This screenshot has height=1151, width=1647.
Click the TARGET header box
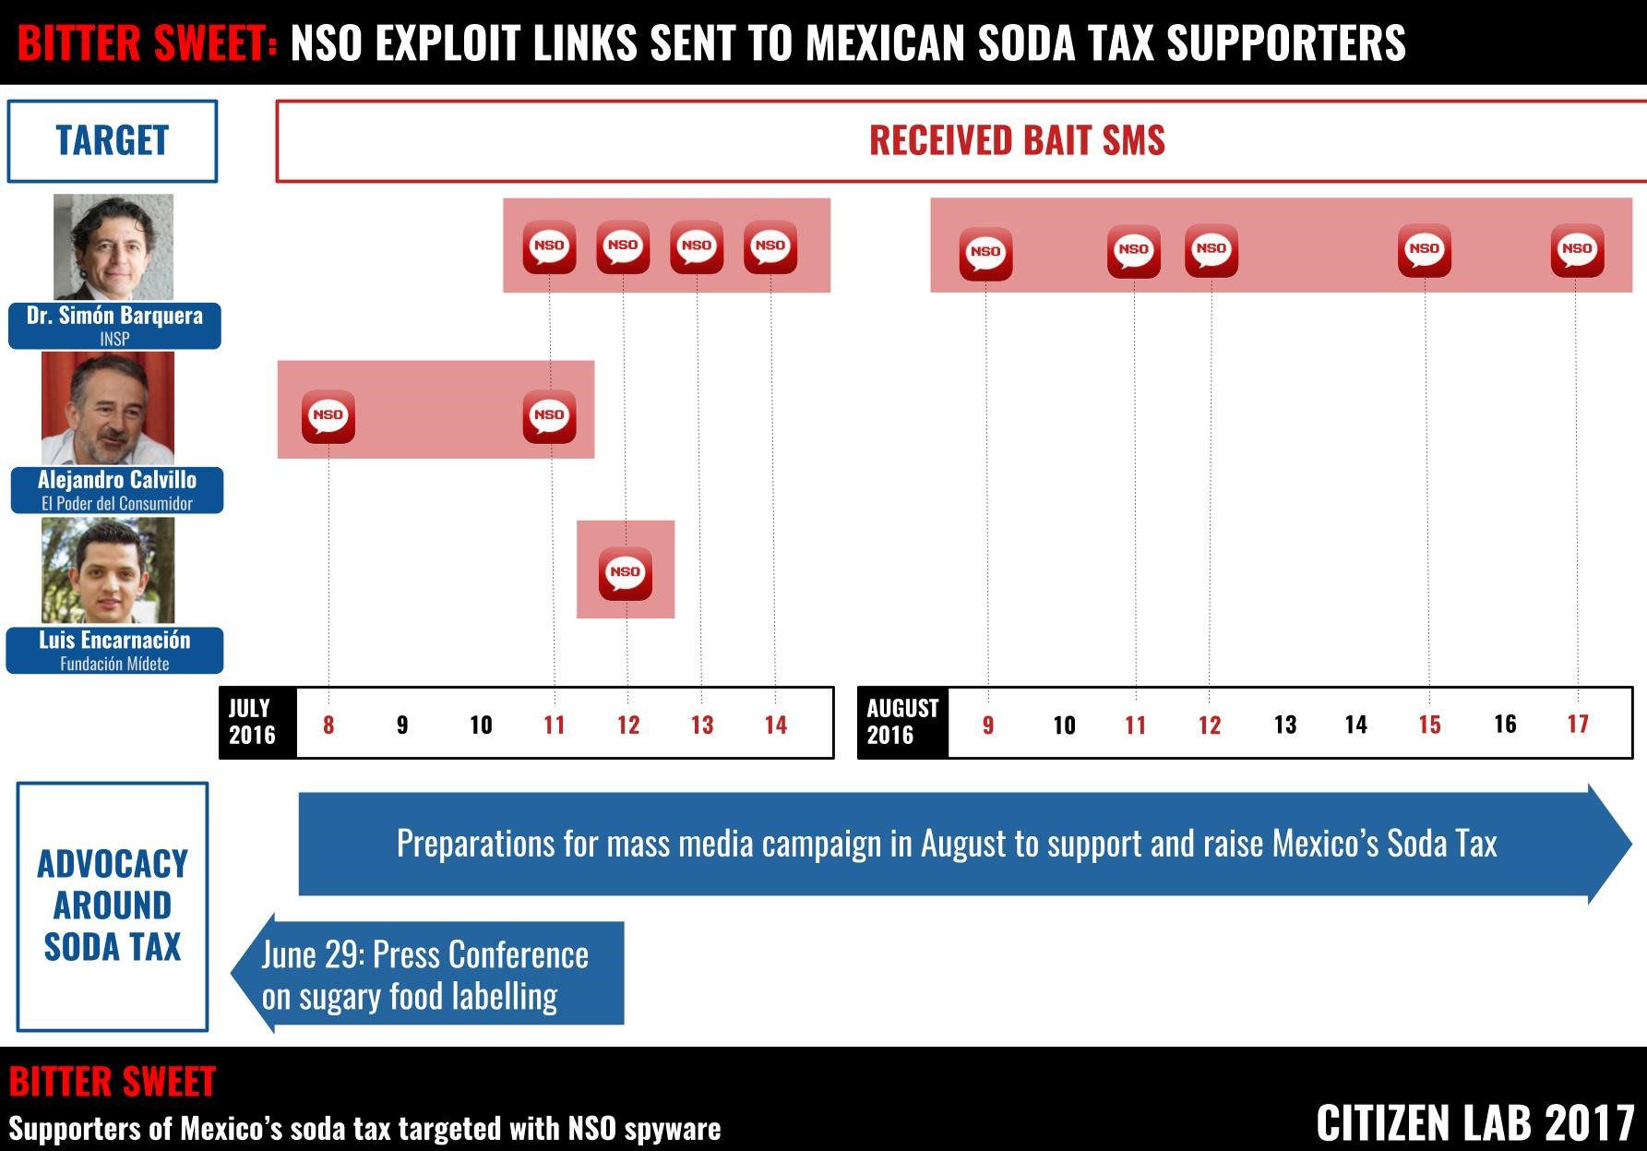coord(113,141)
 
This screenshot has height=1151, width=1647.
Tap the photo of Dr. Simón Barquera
coord(113,246)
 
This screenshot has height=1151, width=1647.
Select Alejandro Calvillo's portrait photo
coord(108,408)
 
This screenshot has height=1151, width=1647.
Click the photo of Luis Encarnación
coord(108,570)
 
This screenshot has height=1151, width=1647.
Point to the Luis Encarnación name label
coord(114,650)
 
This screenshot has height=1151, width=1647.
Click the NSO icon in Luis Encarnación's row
coord(626,572)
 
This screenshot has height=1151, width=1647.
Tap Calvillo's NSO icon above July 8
coord(328,415)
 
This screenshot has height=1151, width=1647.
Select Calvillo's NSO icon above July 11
coord(550,415)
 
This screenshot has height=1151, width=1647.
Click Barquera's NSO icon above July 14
coord(770,246)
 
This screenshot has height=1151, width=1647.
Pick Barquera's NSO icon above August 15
coord(1425,249)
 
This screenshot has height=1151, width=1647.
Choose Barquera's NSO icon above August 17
coord(1577,249)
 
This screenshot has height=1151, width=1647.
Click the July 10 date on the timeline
coord(481,725)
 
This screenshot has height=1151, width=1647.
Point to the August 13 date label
coord(1285,725)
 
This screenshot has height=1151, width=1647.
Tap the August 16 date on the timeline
coord(1505,724)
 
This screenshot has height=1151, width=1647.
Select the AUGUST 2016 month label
coord(901,723)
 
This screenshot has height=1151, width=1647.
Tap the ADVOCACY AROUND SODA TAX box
coord(113,905)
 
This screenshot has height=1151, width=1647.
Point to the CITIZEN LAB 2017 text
coord(1475,1122)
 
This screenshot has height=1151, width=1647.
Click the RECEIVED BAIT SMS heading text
coord(1017,141)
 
